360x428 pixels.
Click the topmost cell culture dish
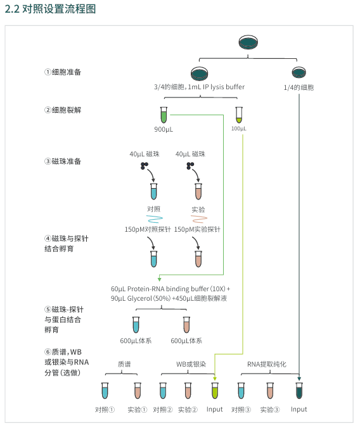click(x=248, y=42)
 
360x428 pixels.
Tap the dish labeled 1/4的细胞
click(x=299, y=73)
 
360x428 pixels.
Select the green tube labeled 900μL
click(x=164, y=115)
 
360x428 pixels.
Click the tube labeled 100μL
click(x=239, y=115)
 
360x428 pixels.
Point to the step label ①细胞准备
click(x=63, y=72)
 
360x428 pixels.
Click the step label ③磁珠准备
click(x=63, y=161)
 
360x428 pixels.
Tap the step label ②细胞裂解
click(x=63, y=110)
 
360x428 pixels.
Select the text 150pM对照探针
click(x=148, y=229)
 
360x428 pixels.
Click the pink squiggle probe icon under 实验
click(x=199, y=219)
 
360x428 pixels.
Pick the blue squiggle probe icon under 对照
click(x=155, y=219)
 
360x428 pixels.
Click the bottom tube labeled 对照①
click(x=105, y=391)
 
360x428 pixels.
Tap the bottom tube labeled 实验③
click(x=270, y=391)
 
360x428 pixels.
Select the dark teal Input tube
click(x=299, y=391)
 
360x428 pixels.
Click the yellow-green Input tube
click(x=215, y=391)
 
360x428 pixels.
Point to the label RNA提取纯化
click(x=267, y=364)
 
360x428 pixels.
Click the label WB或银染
click(x=191, y=364)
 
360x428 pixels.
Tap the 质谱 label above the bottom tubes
click(x=124, y=364)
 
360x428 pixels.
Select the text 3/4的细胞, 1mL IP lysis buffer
click(x=199, y=87)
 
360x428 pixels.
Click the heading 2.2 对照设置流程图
click(x=50, y=9)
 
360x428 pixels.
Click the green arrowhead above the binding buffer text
click(x=159, y=279)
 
